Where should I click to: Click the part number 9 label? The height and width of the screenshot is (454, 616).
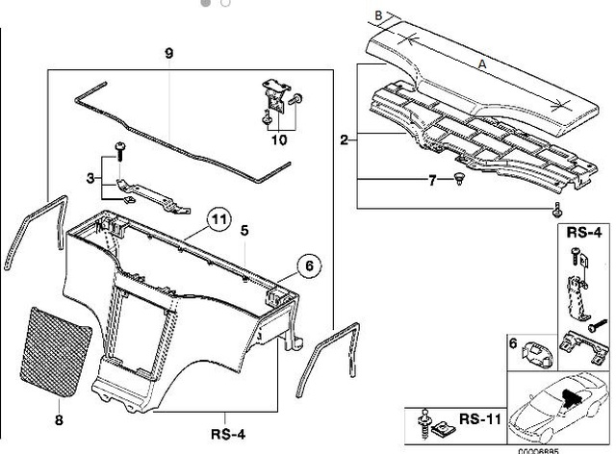[167, 51]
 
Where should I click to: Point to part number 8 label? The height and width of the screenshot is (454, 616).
[59, 419]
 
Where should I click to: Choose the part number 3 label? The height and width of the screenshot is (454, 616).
[90, 177]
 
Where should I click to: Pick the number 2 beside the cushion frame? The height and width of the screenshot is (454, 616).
[344, 140]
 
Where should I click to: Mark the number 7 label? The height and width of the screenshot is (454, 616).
[432, 180]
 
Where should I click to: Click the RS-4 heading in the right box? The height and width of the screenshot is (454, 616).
[582, 232]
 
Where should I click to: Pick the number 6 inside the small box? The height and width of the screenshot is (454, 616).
[512, 342]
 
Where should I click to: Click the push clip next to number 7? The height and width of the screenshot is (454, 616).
[461, 179]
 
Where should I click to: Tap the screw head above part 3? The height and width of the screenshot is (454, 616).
[119, 145]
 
